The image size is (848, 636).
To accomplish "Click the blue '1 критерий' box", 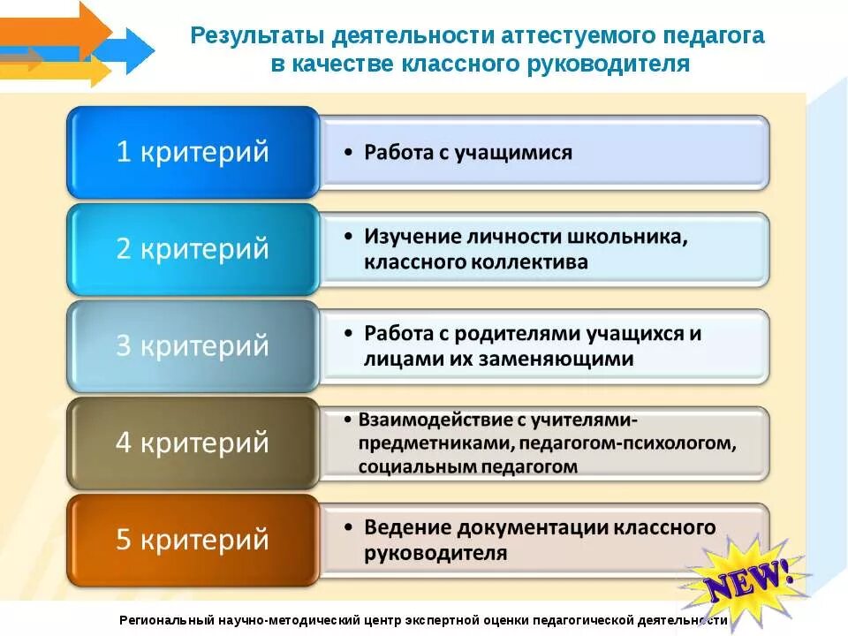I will coord(193,152).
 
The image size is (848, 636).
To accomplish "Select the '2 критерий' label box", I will coord(193,249).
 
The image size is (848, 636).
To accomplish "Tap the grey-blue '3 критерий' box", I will coord(193,345).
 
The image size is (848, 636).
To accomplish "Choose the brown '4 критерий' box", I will coord(193,442).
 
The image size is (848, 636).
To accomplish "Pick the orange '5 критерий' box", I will coord(193,539).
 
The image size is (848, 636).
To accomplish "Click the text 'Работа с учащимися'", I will coord(468,152).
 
